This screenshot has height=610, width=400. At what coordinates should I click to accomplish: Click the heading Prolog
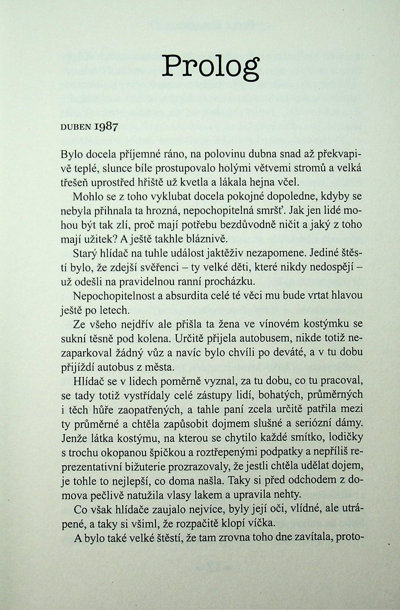point(210,66)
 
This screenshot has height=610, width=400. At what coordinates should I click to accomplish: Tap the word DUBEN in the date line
point(76,127)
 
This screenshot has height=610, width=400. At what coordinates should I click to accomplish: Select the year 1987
point(106,127)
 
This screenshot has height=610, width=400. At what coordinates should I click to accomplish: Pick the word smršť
point(271,211)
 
